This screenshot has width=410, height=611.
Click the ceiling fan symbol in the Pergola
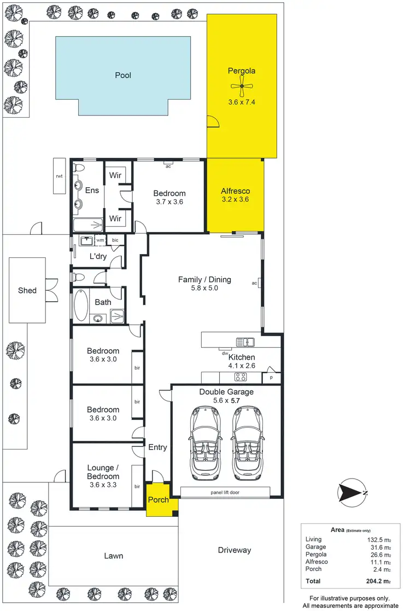tap(241, 86)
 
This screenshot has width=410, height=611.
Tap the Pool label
tap(123, 76)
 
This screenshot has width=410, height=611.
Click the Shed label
tap(27, 290)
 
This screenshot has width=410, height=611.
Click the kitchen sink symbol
tap(245, 342)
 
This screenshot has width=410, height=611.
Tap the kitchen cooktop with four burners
tap(241, 377)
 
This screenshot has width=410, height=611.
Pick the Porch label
tap(158, 500)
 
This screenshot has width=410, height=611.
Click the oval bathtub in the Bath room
tap(80, 305)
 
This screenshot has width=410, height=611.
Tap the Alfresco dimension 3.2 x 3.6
tap(235, 200)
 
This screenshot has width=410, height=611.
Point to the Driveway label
tap(234, 550)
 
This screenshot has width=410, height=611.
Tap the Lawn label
tap(113, 556)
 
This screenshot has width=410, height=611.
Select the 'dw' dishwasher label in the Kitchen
tap(224, 353)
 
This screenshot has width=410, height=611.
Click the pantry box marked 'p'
tap(272, 378)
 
